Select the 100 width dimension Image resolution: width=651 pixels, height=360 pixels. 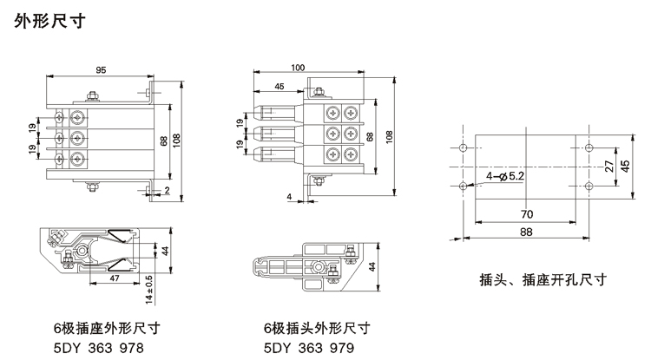click(x=298, y=68)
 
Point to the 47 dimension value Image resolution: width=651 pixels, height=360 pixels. click(x=114, y=279)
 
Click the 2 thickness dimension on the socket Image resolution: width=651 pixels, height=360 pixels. click(x=168, y=190)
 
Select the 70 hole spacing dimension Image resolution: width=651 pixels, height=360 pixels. click(x=526, y=214)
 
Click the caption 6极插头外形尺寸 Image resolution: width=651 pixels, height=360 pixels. click(x=318, y=329)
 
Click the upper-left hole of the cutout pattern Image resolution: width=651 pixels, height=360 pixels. click(x=464, y=148)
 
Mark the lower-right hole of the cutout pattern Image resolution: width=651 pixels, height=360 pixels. click(x=588, y=186)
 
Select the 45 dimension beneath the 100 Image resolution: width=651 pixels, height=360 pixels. click(x=279, y=86)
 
